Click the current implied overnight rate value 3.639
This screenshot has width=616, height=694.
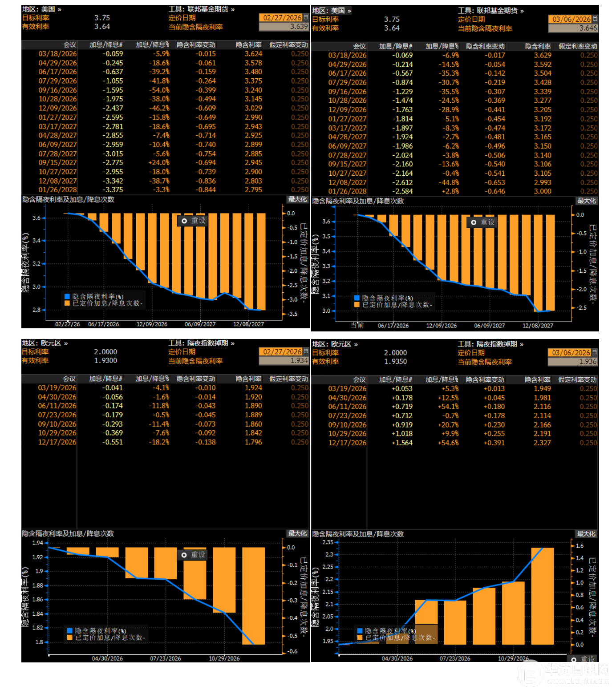pos(298,27)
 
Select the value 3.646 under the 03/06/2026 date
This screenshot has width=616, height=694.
pos(588,28)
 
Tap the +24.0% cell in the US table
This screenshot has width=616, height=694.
pos(159,163)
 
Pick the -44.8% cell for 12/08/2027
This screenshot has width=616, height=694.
pos(449,182)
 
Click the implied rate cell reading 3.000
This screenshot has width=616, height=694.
pos(543,191)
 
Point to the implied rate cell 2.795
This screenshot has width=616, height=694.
pos(253,190)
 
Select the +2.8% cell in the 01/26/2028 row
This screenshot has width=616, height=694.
pos(450,191)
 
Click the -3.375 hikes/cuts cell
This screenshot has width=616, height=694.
pos(113,190)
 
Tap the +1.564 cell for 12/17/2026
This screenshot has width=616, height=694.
pos(402,443)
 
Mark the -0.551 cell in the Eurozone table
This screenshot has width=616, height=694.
pos(113,442)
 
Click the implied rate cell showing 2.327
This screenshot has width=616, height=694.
pos(542,443)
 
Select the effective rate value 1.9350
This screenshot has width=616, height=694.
pos(395,362)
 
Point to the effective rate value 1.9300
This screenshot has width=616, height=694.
pos(105,361)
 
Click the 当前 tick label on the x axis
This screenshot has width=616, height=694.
pos(357,326)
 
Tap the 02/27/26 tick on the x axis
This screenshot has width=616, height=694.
pos(68,324)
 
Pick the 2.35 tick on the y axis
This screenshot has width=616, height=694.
pos(328,542)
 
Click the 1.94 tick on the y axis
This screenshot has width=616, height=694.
pos(38,543)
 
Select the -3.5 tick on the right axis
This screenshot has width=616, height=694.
pos(292,314)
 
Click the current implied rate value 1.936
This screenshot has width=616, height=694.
pos(588,362)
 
